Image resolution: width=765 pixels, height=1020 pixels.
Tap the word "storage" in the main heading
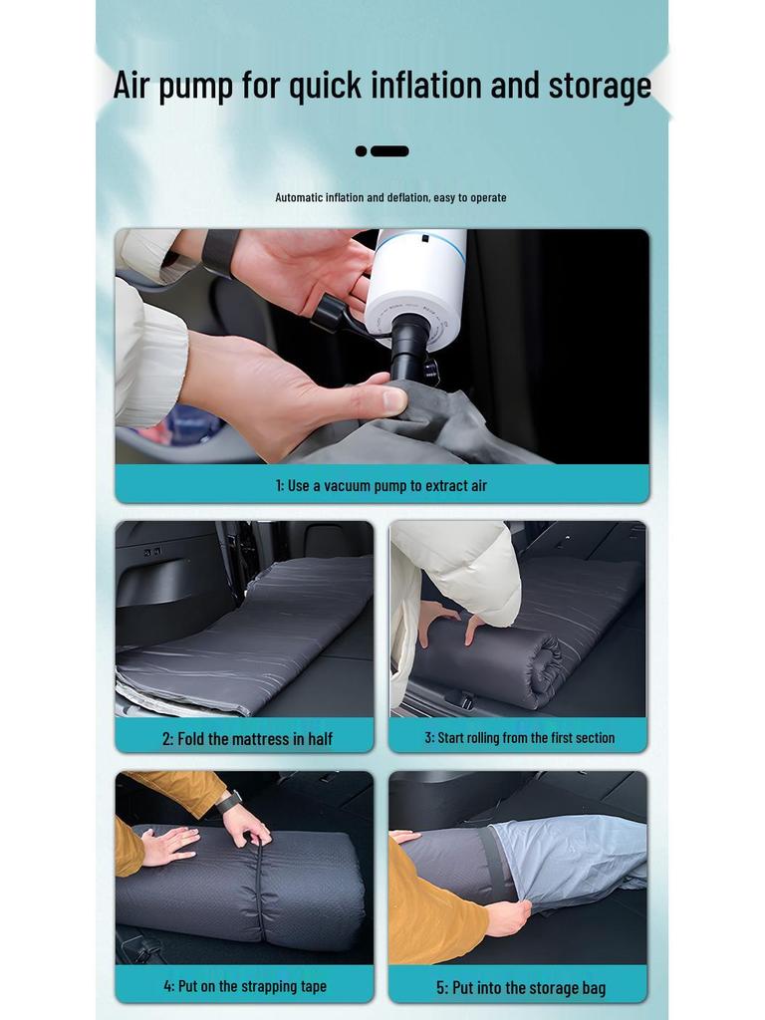pos(600,86)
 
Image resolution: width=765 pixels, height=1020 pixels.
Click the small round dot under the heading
pos(361,151)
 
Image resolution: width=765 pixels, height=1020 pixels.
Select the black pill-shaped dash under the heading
pos(389,151)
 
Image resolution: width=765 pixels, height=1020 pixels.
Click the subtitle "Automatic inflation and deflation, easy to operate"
pos(390,197)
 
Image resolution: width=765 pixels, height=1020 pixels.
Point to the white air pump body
pos(416,284)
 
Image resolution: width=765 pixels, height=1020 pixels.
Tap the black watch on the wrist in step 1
pos(220,254)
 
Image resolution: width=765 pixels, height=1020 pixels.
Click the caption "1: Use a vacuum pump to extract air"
pos(382,485)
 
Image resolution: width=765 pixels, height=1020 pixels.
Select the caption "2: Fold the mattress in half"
pos(247,738)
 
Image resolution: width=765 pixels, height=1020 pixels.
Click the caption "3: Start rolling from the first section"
pos(519,737)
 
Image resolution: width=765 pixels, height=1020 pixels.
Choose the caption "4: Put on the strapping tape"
pos(245,986)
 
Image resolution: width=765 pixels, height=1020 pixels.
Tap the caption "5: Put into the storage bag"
pos(520,987)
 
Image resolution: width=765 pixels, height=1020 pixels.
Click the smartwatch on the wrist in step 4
pos(229,801)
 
